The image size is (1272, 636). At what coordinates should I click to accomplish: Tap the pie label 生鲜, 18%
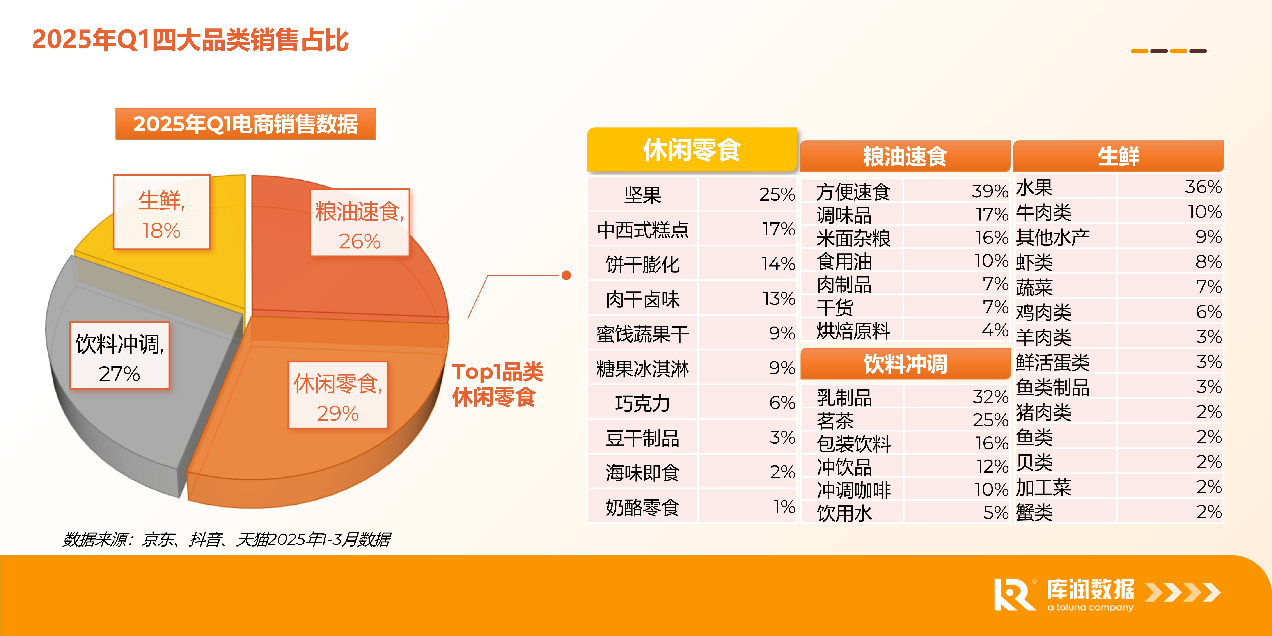tap(161, 212)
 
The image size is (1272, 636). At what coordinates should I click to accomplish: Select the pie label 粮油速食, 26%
tap(360, 223)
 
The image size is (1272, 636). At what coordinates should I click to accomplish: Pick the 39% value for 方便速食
tap(990, 191)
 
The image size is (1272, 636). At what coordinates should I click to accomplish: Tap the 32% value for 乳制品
tap(990, 396)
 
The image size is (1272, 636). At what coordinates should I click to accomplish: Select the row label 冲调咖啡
tap(853, 490)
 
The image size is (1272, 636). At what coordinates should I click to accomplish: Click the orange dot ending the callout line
tap(566, 275)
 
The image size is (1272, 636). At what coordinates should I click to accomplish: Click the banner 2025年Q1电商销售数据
tap(245, 124)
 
